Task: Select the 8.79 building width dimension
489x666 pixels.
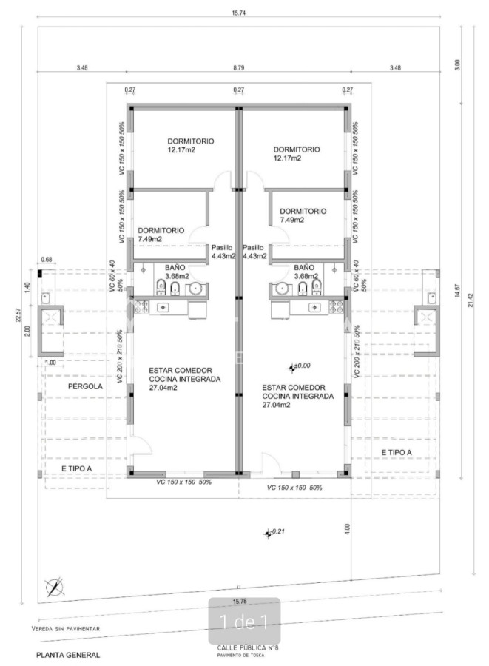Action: tap(238, 67)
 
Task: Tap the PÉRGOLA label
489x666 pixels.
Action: tap(86, 386)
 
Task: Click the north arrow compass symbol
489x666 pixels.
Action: tap(53, 588)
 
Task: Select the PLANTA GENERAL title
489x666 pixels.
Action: tap(67, 655)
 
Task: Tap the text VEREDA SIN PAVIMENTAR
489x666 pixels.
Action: tap(66, 629)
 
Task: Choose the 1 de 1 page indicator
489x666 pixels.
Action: tap(244, 621)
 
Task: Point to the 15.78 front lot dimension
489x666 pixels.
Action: tap(239, 601)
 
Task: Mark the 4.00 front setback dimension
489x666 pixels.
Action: tap(347, 528)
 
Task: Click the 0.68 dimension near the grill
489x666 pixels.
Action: tap(47, 259)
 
